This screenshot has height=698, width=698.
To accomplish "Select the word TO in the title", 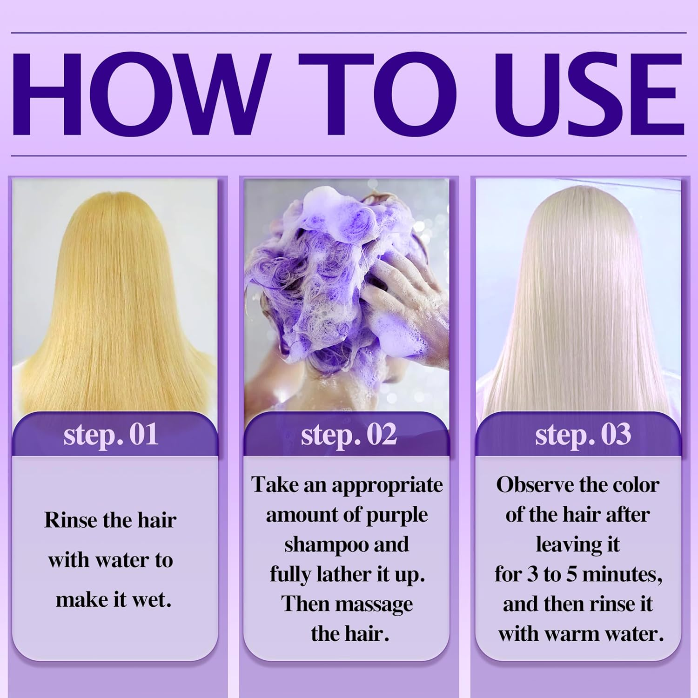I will tap(377, 94).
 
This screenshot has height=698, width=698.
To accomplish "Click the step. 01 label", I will tap(111, 435).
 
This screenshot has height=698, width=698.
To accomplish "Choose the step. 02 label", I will tap(349, 435).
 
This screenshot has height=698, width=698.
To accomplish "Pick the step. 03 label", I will tap(583, 435).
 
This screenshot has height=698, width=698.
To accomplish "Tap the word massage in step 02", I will tap(376, 604).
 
